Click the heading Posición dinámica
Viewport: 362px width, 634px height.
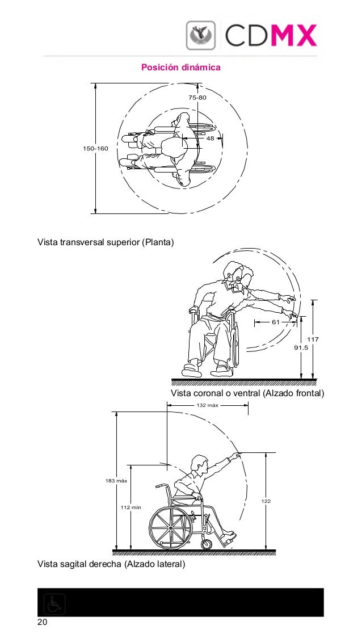180,68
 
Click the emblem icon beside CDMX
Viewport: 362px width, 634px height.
201,35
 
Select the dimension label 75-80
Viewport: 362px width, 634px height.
197,98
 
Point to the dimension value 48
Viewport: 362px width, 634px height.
210,138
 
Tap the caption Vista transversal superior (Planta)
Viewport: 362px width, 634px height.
106,243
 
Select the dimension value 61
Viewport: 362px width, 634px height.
276,322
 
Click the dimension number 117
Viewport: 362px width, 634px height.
313,339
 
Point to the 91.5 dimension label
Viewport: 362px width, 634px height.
301,348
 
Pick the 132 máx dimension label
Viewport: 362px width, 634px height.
207,405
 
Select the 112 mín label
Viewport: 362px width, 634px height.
131,507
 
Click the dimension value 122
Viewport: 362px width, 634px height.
266,501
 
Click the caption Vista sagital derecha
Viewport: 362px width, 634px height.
111,564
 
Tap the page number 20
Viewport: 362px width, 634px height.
42,623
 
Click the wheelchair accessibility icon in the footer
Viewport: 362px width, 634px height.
54,604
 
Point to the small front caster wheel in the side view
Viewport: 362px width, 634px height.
207,544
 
